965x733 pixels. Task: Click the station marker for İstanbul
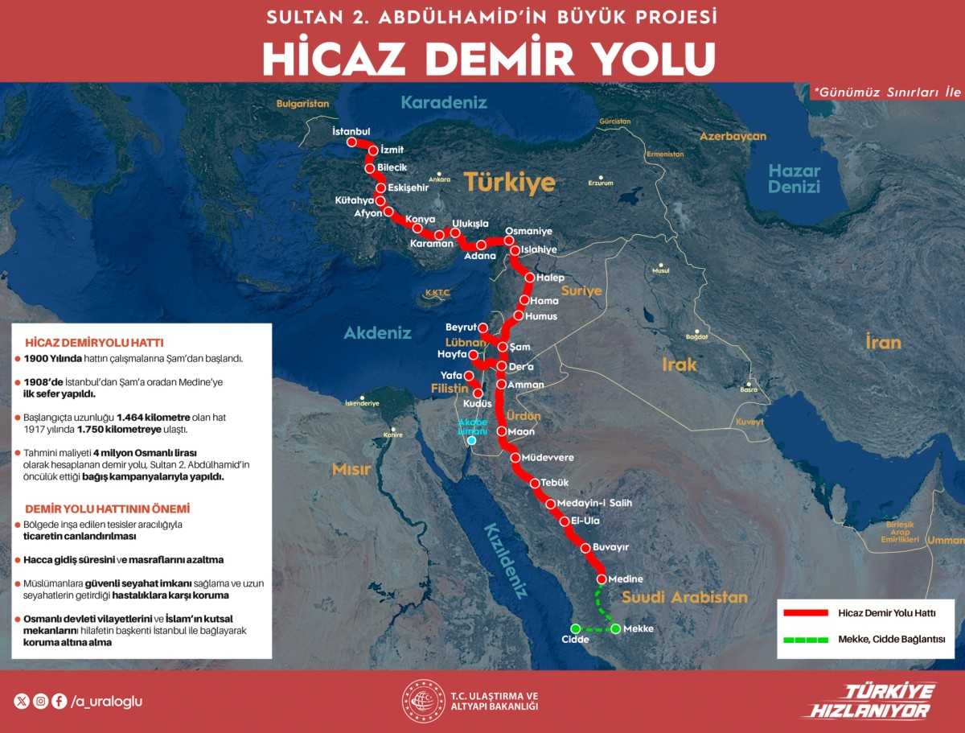(x=351, y=142)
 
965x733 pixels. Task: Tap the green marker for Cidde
(x=575, y=628)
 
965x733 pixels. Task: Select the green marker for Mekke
(x=616, y=628)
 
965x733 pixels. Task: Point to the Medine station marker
(x=601, y=579)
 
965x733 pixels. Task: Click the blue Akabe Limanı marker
(x=472, y=440)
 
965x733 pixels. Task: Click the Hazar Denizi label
(x=794, y=179)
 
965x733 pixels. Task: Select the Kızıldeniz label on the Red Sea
(x=504, y=560)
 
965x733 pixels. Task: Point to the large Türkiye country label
(x=509, y=183)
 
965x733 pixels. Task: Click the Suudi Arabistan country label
(x=684, y=597)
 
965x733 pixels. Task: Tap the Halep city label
(x=550, y=278)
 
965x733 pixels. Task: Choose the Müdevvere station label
(x=548, y=458)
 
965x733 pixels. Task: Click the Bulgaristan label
(x=303, y=104)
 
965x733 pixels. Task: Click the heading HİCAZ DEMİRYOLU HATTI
(x=94, y=342)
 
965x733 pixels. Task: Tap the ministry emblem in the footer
(x=423, y=701)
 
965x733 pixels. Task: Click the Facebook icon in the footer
(x=60, y=701)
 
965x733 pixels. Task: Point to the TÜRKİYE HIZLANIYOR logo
(x=868, y=701)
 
